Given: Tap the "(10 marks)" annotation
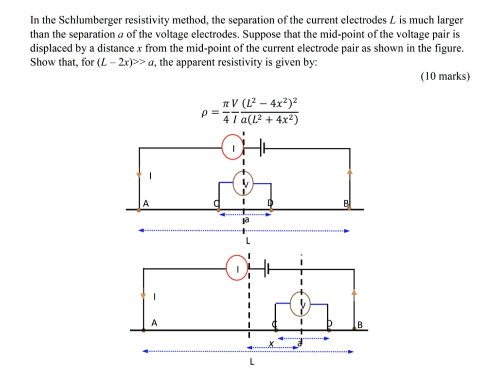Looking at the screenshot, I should pos(445,77).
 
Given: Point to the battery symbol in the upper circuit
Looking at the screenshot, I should pos(263,147).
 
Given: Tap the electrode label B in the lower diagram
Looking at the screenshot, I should pos(360,324).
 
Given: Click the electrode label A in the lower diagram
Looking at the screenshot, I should pos(154,322).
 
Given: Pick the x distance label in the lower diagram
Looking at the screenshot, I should pos(272,344).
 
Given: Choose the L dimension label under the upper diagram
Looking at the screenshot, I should pos(248,240).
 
